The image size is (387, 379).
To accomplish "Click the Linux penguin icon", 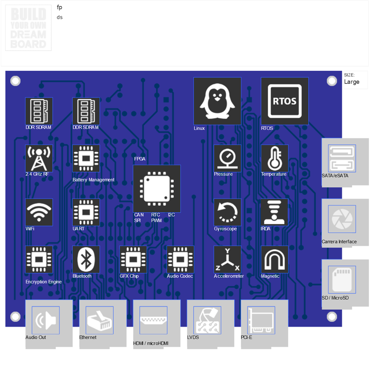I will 217,101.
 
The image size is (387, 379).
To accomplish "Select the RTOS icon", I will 285,101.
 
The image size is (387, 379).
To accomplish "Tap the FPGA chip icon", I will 157,188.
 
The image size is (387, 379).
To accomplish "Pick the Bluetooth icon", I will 86,259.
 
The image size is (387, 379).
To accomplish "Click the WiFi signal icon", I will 39,212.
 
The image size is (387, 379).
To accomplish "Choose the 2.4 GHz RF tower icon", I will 39,158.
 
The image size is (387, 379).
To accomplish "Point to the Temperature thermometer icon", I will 275,158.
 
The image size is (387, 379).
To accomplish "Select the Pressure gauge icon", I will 227,158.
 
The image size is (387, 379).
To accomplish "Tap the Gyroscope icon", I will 227,212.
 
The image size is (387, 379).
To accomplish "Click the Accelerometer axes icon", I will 227,259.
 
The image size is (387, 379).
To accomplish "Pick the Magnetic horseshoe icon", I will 275,259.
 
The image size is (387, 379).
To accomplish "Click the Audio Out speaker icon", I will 45,320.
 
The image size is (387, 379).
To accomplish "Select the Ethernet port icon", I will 99,320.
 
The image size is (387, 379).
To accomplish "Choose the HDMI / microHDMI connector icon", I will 153,320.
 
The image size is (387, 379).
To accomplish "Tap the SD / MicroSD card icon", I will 342,280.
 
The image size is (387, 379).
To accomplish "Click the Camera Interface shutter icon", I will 342,219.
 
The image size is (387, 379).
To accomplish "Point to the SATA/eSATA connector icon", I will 342,158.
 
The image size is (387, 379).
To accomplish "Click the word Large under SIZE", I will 352,82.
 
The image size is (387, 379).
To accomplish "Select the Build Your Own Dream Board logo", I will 28,29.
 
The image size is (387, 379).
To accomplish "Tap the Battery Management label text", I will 93,180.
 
